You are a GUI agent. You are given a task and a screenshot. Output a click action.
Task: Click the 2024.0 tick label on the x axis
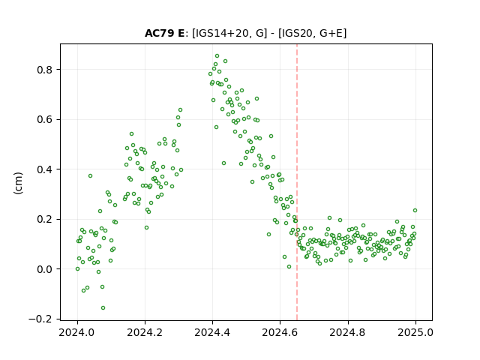[x=77, y=332]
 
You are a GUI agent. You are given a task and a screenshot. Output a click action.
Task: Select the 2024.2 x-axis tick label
[x=145, y=332]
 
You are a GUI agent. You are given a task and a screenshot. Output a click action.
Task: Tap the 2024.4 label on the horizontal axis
[x=212, y=332]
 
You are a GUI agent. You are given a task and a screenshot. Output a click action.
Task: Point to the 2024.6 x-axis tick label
[x=280, y=332]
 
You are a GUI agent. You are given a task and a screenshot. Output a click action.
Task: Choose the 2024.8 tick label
[x=348, y=332]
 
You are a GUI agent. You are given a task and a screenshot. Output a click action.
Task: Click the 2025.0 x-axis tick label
[x=415, y=332]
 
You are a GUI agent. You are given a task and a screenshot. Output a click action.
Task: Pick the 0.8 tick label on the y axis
[x=45, y=70]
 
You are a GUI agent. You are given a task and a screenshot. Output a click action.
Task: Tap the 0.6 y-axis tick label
[x=45, y=120]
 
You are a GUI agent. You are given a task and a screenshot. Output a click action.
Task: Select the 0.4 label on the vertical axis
[x=45, y=169]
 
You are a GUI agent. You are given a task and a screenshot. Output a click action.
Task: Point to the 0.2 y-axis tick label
[x=45, y=220]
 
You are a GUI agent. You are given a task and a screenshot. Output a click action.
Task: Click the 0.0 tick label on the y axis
[x=45, y=269]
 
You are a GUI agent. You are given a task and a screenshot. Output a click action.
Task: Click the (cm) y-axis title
[x=18, y=183]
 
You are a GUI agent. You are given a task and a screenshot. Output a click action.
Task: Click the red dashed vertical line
[x=297, y=182]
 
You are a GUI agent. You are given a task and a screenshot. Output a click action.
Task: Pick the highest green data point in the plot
[x=217, y=56]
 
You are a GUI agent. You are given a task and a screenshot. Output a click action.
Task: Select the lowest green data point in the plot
[x=103, y=308]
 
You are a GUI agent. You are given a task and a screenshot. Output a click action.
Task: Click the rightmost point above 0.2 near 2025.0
[x=415, y=210]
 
